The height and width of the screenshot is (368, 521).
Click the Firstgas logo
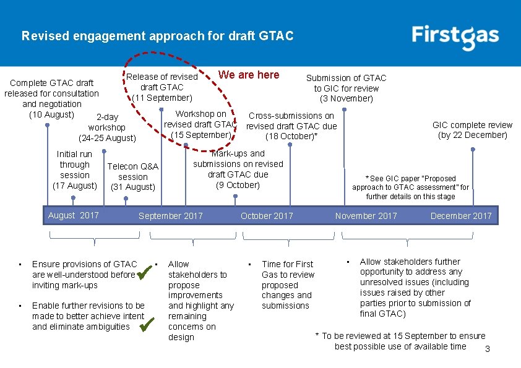(x=455, y=36)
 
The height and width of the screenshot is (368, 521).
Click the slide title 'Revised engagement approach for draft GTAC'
(x=157, y=36)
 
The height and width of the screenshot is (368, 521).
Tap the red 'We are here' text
(x=249, y=75)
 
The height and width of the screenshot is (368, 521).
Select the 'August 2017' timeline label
(x=73, y=215)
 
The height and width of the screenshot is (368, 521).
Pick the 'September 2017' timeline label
(x=171, y=216)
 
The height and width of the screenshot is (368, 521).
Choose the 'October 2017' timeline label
(x=267, y=216)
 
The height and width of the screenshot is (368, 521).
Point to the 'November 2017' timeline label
(x=366, y=216)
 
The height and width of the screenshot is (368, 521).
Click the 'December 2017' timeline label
(x=461, y=216)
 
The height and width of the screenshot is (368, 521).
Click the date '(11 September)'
(x=163, y=98)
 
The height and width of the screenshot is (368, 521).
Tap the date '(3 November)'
(x=347, y=98)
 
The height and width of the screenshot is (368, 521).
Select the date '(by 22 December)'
(x=472, y=135)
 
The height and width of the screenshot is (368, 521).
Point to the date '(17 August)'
(x=75, y=186)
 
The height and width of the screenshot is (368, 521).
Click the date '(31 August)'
(x=132, y=187)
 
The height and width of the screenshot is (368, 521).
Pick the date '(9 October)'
(x=238, y=184)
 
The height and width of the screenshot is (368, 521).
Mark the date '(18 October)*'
(x=291, y=137)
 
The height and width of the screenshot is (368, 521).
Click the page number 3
(x=488, y=349)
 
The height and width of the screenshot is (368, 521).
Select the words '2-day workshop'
(x=107, y=122)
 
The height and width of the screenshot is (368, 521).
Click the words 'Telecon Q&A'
(x=133, y=166)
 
